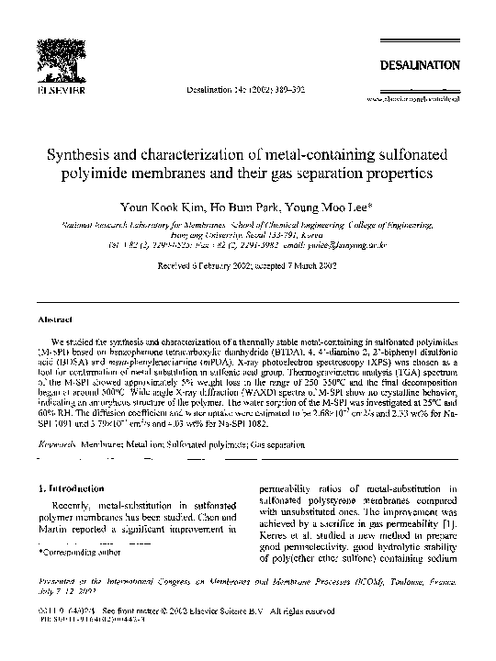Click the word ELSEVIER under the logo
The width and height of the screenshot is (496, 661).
60,92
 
